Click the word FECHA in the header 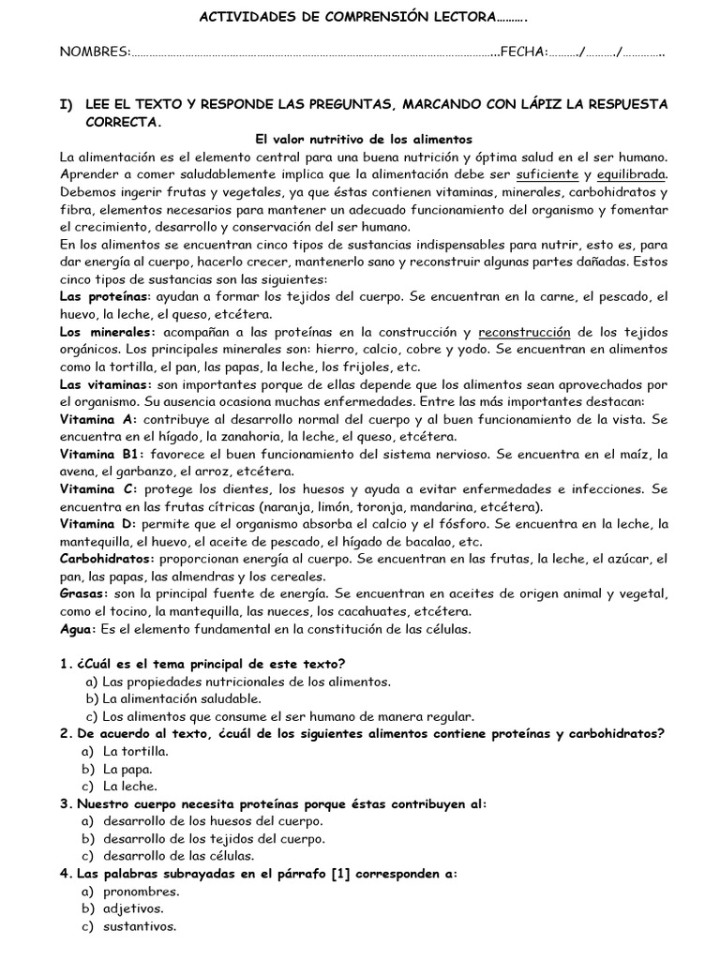[524, 51]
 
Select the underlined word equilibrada [631, 174]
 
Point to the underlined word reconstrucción [524, 332]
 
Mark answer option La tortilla [136, 752]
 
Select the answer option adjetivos [133, 908]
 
